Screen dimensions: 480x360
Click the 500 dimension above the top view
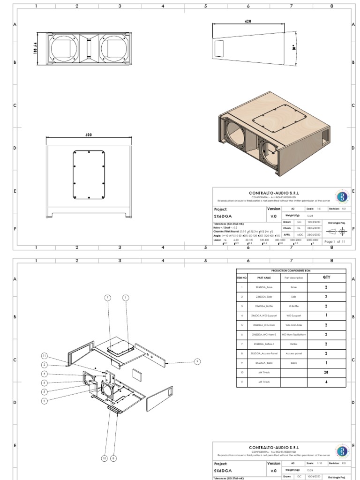[89, 135]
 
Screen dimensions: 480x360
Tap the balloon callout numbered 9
[197, 361]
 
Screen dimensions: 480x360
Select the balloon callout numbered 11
[45, 355]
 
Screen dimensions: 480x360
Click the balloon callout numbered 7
[107, 298]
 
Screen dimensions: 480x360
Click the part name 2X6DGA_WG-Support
[261, 315]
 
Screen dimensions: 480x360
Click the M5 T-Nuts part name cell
[261, 382]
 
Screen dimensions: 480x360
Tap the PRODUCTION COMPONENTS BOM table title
[291, 270]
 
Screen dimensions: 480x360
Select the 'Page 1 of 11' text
[335, 241]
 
